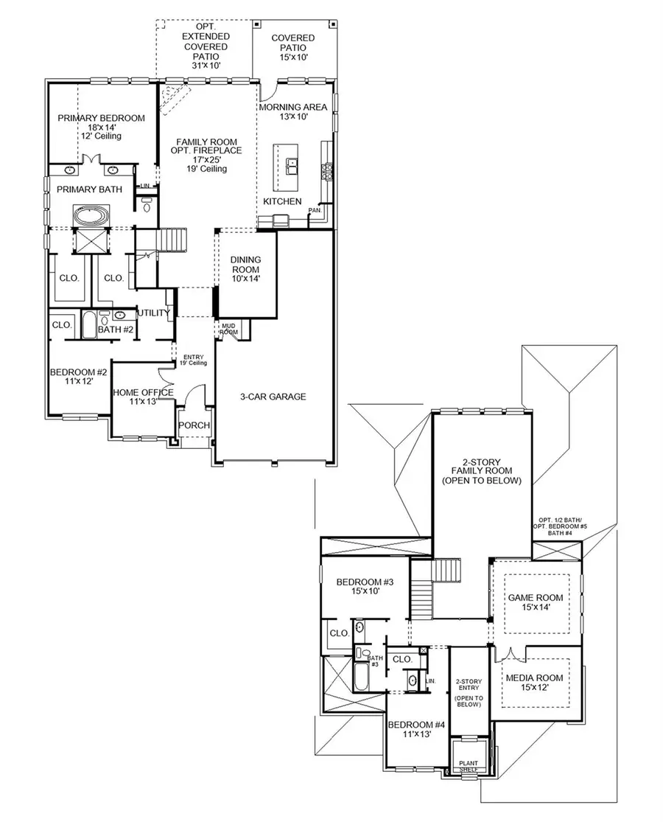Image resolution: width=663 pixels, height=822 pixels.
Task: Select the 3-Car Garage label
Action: click(x=272, y=397)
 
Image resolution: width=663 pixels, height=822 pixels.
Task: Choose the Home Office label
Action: click(x=143, y=397)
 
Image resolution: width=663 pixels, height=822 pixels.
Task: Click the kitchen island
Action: click(x=287, y=165)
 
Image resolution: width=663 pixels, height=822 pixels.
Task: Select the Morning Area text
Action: click(x=292, y=111)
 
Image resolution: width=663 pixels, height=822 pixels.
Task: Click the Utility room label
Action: click(x=153, y=313)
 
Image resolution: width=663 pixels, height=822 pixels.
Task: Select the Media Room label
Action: click(x=535, y=683)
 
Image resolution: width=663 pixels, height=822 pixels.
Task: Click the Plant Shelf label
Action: click(x=469, y=767)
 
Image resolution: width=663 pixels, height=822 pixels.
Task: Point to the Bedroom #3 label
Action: click(x=365, y=588)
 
